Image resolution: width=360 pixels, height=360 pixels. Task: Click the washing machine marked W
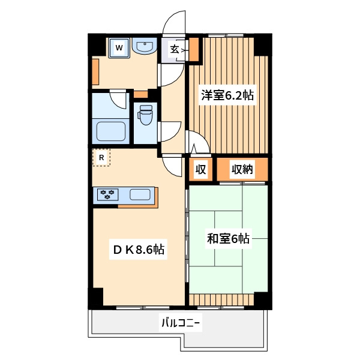click(119, 48)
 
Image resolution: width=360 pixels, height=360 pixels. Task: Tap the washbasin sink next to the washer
click(145, 46)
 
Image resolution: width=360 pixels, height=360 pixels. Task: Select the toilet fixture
click(146, 115)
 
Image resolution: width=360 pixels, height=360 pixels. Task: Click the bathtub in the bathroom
click(111, 131)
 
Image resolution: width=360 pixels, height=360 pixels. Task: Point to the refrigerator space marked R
click(101, 157)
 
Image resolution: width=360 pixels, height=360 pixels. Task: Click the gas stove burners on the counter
click(107, 194)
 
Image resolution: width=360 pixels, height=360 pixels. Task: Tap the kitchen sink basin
click(140, 194)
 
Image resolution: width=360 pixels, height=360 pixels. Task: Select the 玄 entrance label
click(175, 49)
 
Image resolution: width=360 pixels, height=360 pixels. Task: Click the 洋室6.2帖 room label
click(227, 95)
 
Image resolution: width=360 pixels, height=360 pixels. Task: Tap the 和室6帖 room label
click(228, 238)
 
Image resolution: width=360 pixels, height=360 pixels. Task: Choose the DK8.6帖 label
click(139, 250)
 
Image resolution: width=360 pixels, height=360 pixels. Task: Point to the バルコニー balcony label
click(181, 323)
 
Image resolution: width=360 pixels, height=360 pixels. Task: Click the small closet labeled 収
click(200, 169)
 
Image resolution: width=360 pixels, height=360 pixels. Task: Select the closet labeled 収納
click(242, 169)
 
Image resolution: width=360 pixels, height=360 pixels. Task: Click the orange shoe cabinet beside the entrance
click(194, 49)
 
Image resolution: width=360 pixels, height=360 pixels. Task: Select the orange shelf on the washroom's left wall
click(95, 71)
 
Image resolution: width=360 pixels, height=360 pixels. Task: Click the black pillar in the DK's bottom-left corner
click(96, 298)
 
